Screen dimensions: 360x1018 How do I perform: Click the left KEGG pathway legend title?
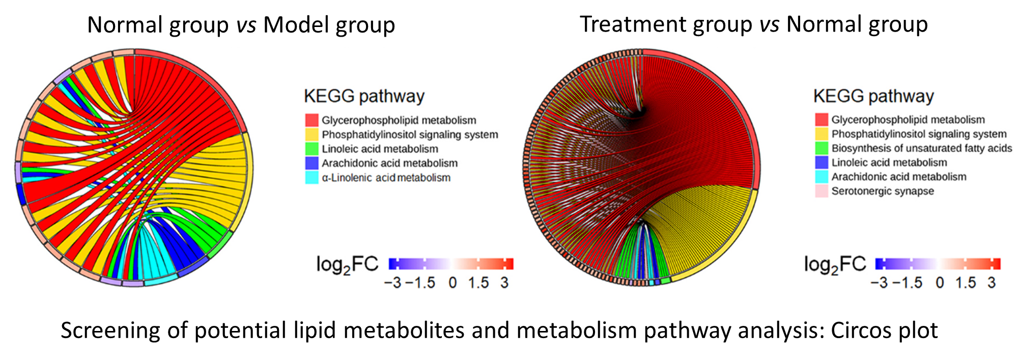(364, 96)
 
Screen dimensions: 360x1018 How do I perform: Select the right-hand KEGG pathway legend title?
(873, 96)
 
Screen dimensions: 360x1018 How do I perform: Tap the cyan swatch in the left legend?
(312, 178)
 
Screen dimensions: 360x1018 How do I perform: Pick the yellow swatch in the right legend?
(822, 134)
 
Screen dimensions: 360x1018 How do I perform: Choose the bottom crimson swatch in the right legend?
(822, 191)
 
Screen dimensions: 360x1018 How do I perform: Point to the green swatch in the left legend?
(312, 148)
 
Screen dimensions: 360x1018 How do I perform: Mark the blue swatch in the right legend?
(822, 162)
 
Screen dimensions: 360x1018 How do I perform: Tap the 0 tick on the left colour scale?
(452, 282)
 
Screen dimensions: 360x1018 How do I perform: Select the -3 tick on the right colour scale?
(885, 282)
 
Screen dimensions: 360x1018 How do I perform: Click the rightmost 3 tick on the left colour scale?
(504, 282)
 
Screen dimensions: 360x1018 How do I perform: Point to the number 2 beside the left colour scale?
(347, 271)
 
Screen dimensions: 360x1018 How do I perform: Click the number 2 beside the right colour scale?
(835, 271)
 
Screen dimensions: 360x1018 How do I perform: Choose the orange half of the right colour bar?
(970, 263)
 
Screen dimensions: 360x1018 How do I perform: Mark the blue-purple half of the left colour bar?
(419, 264)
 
